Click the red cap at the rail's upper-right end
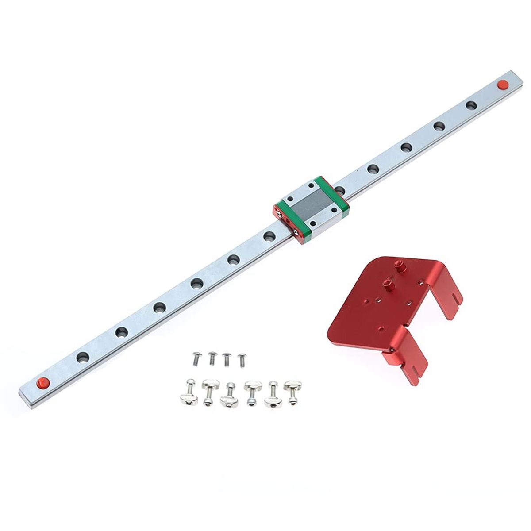pyautogui.click(x=502, y=84)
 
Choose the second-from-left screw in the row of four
pyautogui.click(x=212, y=358)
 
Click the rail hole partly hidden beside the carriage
pyautogui.click(x=340, y=189)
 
